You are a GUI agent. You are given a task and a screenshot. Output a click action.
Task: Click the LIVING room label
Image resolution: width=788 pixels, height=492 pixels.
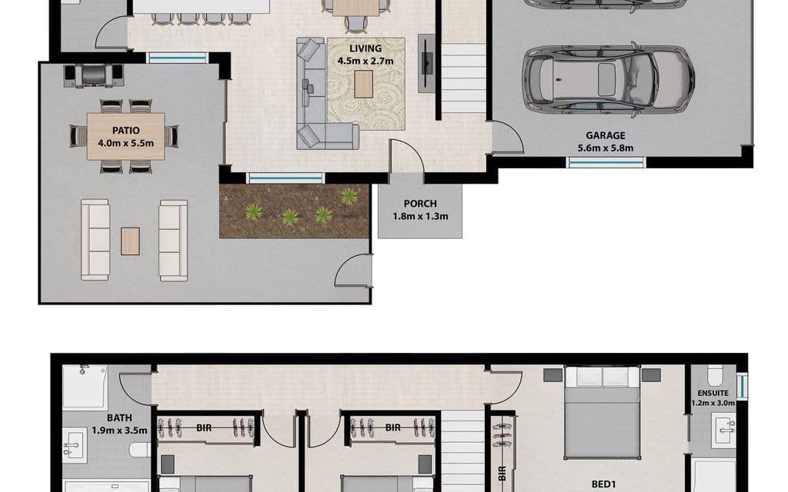[x=366, y=48]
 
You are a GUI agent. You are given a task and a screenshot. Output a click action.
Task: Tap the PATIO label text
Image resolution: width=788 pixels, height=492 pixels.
[x=125, y=131]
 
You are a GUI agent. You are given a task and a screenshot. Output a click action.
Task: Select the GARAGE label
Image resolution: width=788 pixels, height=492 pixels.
[x=606, y=135]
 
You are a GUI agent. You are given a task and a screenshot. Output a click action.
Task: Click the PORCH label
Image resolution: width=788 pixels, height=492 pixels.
[x=420, y=204]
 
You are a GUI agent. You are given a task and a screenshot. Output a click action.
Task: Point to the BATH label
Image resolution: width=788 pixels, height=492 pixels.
[x=119, y=417]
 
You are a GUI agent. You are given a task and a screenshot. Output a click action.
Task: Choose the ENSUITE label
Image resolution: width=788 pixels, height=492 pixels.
[x=713, y=393]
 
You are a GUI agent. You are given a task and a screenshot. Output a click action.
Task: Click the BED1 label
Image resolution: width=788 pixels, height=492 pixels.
[x=603, y=484]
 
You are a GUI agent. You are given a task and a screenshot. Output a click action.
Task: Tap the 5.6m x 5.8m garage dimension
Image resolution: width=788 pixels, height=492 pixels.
[x=606, y=148]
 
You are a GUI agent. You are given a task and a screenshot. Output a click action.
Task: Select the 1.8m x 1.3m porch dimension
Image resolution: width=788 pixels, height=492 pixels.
[x=420, y=216]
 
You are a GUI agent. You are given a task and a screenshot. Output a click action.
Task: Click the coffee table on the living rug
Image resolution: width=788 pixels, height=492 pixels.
[x=363, y=84]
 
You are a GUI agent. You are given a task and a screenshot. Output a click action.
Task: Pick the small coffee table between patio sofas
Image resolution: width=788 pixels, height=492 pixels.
[x=130, y=241]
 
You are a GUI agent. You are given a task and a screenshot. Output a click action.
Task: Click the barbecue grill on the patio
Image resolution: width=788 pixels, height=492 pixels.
[x=93, y=75]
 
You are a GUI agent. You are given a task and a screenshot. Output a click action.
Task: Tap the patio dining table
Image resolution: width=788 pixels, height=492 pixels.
[x=125, y=137]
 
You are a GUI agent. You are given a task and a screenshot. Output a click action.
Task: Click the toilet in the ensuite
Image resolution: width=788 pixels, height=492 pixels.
[x=715, y=374]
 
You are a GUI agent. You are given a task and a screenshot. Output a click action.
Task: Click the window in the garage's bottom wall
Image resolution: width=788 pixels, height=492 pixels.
[x=606, y=162]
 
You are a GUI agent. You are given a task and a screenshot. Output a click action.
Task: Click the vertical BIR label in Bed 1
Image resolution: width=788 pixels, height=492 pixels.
[x=502, y=474]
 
